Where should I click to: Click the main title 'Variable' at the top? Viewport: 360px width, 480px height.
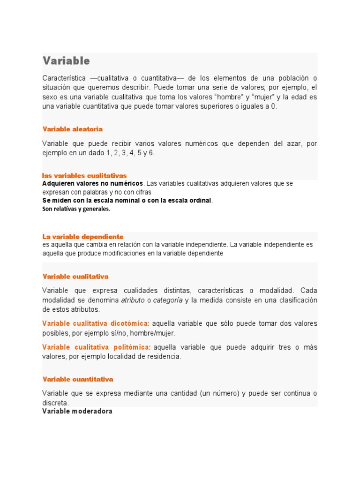click(x=66, y=61)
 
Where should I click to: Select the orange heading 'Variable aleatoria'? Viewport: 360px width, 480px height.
click(x=73, y=129)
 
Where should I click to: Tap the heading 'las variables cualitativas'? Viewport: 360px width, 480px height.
click(x=84, y=176)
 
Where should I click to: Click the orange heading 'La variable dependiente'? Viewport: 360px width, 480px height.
click(x=83, y=237)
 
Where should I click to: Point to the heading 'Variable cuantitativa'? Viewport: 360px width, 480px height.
click(x=78, y=379)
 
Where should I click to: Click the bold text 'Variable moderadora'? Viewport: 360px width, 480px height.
click(x=77, y=412)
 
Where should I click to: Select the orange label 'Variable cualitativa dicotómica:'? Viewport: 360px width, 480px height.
click(x=96, y=323)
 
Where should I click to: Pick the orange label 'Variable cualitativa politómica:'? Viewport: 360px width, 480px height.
click(x=97, y=347)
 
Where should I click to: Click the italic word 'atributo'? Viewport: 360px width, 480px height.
click(x=133, y=300)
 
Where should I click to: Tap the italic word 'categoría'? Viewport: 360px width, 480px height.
click(x=168, y=300)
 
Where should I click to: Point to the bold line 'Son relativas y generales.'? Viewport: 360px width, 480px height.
click(x=76, y=209)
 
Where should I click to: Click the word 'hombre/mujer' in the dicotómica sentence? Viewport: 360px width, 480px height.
click(x=154, y=333)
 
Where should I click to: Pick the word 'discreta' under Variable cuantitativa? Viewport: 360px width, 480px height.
click(x=55, y=403)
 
